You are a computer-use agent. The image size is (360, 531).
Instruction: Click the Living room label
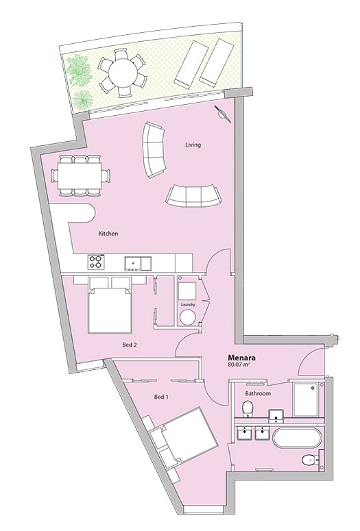point(193,145)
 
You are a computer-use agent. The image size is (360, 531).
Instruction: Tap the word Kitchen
point(108,234)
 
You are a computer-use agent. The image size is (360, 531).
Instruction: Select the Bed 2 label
point(130,345)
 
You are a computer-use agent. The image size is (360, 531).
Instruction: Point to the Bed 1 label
point(161,397)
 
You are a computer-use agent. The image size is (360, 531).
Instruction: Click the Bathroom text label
point(258,393)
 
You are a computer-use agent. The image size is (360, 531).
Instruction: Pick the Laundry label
point(188,305)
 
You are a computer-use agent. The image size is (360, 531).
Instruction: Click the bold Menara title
point(241,358)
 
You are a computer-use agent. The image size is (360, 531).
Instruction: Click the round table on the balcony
point(122,72)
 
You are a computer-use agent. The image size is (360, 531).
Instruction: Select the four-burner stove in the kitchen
point(96,262)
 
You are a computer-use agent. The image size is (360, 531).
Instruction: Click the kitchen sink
point(138,263)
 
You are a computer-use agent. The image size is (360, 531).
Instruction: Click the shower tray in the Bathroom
point(306,399)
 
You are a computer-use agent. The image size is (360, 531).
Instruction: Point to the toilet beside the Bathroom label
point(247,408)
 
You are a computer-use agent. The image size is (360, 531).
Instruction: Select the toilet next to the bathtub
point(309,460)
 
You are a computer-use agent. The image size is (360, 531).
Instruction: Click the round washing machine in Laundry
point(188,318)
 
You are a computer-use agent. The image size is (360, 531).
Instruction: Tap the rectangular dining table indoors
point(80,176)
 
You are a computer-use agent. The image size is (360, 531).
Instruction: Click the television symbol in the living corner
point(222,114)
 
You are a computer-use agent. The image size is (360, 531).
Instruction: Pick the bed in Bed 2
point(110,310)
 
